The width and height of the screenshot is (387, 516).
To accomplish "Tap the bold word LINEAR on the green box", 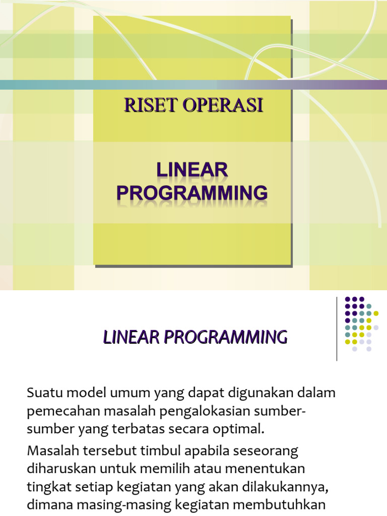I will (191, 171).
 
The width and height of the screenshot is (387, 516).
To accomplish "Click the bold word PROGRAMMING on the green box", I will (191, 193).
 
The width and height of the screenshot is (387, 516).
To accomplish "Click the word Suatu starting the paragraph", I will (43, 392).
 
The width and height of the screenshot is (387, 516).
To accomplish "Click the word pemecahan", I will (63, 411).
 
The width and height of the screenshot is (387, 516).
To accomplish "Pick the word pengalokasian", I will (195, 411).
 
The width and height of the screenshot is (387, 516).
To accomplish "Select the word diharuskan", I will (62, 468).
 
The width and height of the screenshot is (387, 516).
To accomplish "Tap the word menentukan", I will (265, 468).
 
